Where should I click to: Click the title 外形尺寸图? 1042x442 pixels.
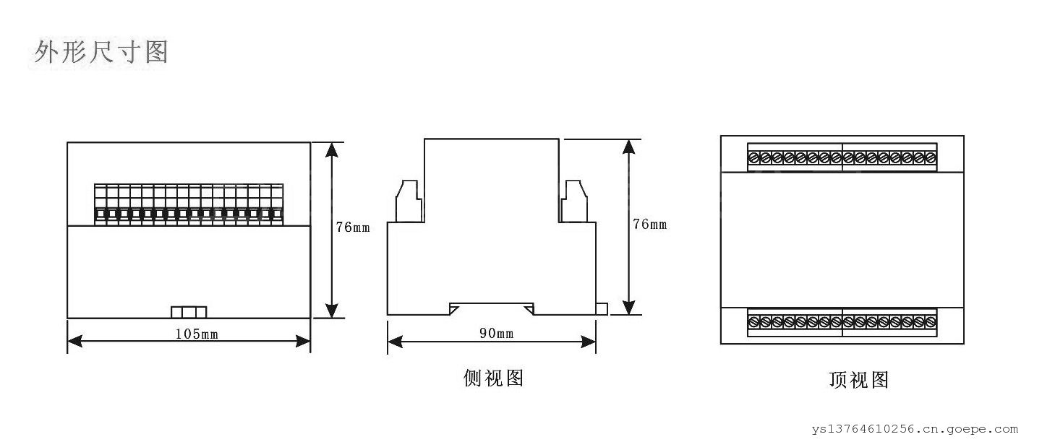[x=101, y=52]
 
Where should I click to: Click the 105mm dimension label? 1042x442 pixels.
[x=197, y=334]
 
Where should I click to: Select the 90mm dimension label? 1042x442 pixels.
[x=496, y=334]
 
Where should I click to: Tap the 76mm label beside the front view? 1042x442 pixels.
[x=352, y=227]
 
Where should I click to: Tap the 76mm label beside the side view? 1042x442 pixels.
[x=649, y=225]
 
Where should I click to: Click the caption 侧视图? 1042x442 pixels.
[x=493, y=378]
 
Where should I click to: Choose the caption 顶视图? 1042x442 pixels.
[x=858, y=380]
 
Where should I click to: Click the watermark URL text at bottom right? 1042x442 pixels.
[x=914, y=429]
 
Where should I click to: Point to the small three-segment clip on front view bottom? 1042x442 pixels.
[x=189, y=312]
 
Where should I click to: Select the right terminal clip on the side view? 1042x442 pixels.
[x=576, y=200]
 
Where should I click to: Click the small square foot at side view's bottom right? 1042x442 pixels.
[x=601, y=309]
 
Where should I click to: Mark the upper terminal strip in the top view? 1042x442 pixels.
[x=842, y=157]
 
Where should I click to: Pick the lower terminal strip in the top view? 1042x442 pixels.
[x=842, y=321]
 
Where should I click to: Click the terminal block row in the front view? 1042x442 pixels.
[x=189, y=204]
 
